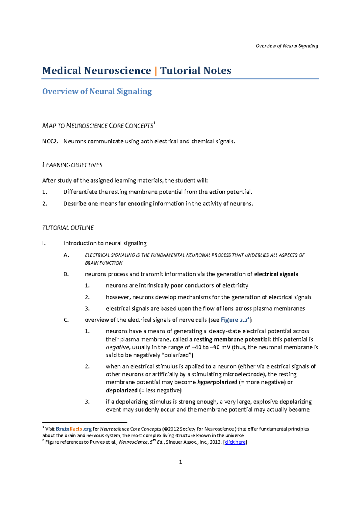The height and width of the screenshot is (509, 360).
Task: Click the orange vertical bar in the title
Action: pyautogui.click(x=155, y=71)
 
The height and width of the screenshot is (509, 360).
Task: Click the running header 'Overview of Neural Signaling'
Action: pyautogui.click(x=287, y=46)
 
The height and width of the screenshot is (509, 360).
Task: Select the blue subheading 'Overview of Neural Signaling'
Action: pyautogui.click(x=97, y=91)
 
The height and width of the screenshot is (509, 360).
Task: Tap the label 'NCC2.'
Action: pyautogui.click(x=50, y=141)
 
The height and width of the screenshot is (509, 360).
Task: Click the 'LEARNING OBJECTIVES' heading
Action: pyautogui.click(x=72, y=165)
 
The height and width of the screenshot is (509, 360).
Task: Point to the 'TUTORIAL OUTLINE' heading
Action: pyautogui.click(x=68, y=228)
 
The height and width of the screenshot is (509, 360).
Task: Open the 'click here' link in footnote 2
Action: pyautogui.click(x=235, y=442)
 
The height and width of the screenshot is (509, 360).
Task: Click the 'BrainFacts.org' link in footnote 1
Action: pyautogui.click(x=73, y=429)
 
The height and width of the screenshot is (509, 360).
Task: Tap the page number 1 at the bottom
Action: pyautogui.click(x=180, y=462)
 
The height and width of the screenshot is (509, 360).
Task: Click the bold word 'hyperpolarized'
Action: pyautogui.click(x=217, y=382)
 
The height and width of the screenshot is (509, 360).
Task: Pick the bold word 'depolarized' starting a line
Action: pyautogui.click(x=121, y=391)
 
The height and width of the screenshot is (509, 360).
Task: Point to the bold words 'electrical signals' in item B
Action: pyautogui.click(x=276, y=274)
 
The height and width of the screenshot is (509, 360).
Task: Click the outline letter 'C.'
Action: pyautogui.click(x=66, y=320)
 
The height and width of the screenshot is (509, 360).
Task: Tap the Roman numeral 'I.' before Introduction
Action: pyautogui.click(x=44, y=243)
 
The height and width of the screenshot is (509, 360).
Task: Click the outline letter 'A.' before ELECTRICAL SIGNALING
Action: pyautogui.click(x=66, y=255)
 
